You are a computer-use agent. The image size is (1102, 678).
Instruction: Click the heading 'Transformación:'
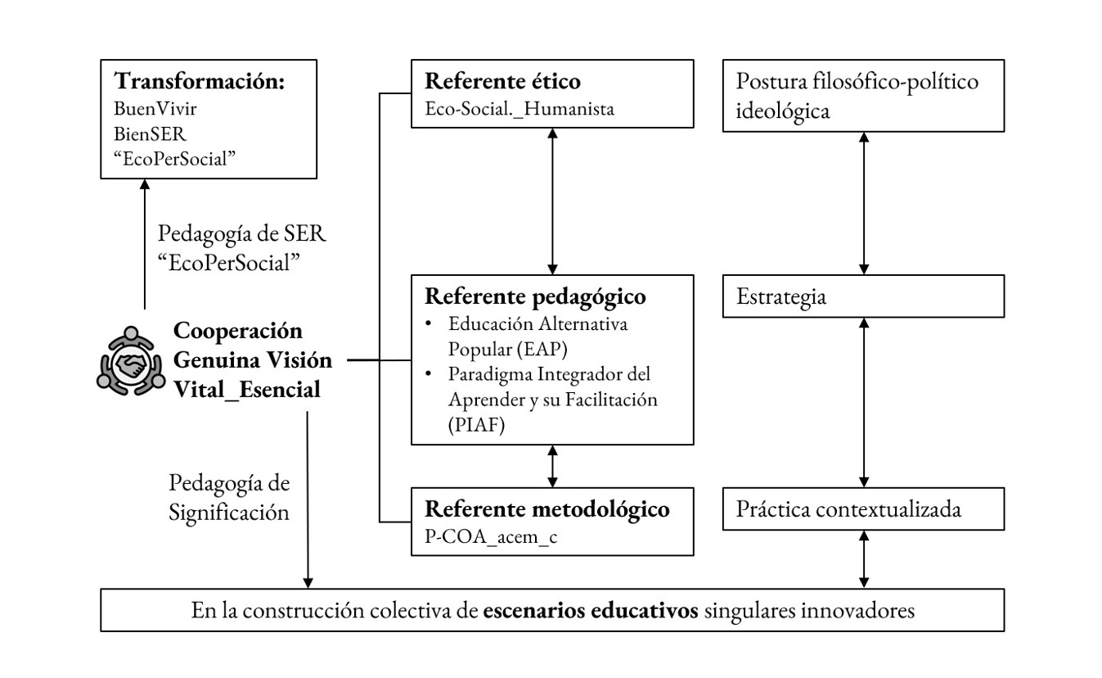click(x=200, y=81)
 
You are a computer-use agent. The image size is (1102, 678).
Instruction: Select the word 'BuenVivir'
click(x=155, y=109)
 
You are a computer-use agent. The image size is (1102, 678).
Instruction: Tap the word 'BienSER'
click(x=150, y=134)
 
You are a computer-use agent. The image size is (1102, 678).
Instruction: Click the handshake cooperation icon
click(x=131, y=361)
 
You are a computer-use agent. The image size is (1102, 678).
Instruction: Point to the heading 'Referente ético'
click(x=502, y=81)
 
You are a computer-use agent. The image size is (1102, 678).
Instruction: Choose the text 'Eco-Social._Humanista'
click(x=520, y=109)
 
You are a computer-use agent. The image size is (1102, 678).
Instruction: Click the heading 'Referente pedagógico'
click(x=535, y=296)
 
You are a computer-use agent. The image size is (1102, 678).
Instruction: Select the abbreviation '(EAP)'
click(x=542, y=350)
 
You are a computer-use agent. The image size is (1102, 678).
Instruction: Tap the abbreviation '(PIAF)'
click(x=476, y=425)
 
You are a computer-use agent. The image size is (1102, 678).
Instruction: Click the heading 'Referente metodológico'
click(x=547, y=509)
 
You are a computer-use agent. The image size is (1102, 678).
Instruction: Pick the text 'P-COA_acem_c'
click(x=491, y=536)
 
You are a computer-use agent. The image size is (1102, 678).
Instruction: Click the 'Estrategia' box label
click(x=780, y=297)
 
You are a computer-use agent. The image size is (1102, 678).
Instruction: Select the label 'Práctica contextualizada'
click(x=848, y=509)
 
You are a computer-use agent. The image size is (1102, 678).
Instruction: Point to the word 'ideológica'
click(x=783, y=111)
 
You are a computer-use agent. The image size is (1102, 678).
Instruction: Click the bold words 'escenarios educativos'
click(x=591, y=611)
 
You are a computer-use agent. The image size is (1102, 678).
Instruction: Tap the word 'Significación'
click(x=229, y=513)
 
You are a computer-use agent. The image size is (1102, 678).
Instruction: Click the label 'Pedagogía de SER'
click(x=241, y=234)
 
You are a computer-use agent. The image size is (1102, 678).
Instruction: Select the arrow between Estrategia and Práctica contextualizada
click(x=863, y=403)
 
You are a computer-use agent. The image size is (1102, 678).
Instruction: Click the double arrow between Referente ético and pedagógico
click(x=552, y=201)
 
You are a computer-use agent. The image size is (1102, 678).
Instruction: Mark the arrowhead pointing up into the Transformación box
click(x=145, y=184)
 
